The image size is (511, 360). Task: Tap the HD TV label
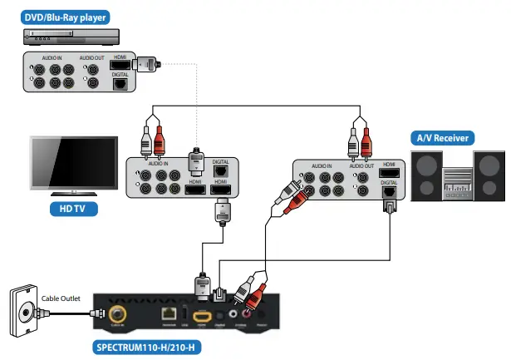click(x=61, y=208)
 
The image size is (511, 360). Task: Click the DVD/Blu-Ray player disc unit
click(x=72, y=36)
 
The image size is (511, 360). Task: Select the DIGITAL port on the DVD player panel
click(x=120, y=82)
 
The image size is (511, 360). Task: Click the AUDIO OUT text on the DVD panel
click(x=92, y=58)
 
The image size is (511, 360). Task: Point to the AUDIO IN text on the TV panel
click(x=156, y=165)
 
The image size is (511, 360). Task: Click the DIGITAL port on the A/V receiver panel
click(x=388, y=192)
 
